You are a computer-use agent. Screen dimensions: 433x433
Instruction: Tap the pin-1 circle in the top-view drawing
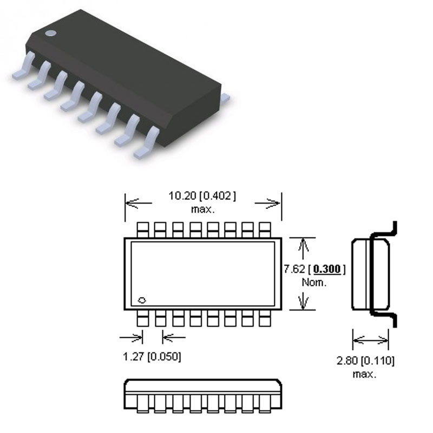coord(143,300)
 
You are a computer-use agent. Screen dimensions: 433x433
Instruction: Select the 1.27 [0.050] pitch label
coord(152,357)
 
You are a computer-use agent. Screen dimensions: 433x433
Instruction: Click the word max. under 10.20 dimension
coord(203,208)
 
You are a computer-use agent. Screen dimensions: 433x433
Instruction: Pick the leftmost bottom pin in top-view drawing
coord(143,318)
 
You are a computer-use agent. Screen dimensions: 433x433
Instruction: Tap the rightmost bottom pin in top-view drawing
coord(265,318)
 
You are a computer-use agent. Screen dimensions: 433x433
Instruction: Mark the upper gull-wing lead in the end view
coord(391,230)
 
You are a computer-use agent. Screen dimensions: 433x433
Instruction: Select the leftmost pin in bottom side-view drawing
coord(142,403)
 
